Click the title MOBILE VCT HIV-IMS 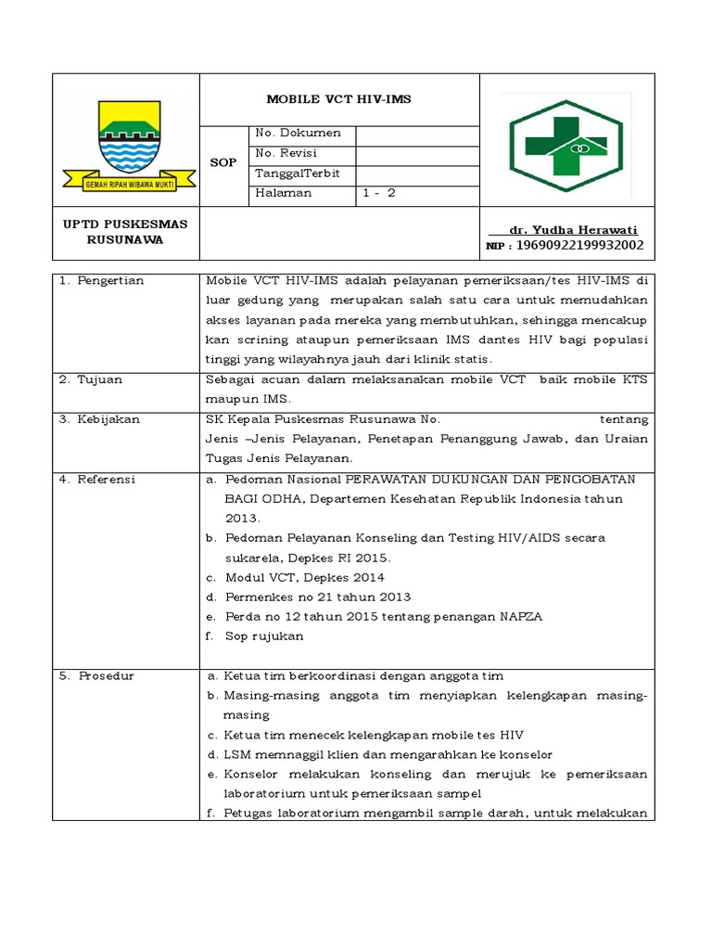click(x=339, y=98)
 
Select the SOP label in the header click(x=223, y=162)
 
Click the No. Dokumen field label click(x=299, y=133)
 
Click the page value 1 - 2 click(x=379, y=194)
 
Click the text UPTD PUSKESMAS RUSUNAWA click(x=125, y=232)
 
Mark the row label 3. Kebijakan click(x=99, y=419)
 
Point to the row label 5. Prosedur click(x=96, y=676)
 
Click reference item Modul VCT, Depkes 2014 click(x=304, y=578)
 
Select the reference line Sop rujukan click(x=263, y=636)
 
